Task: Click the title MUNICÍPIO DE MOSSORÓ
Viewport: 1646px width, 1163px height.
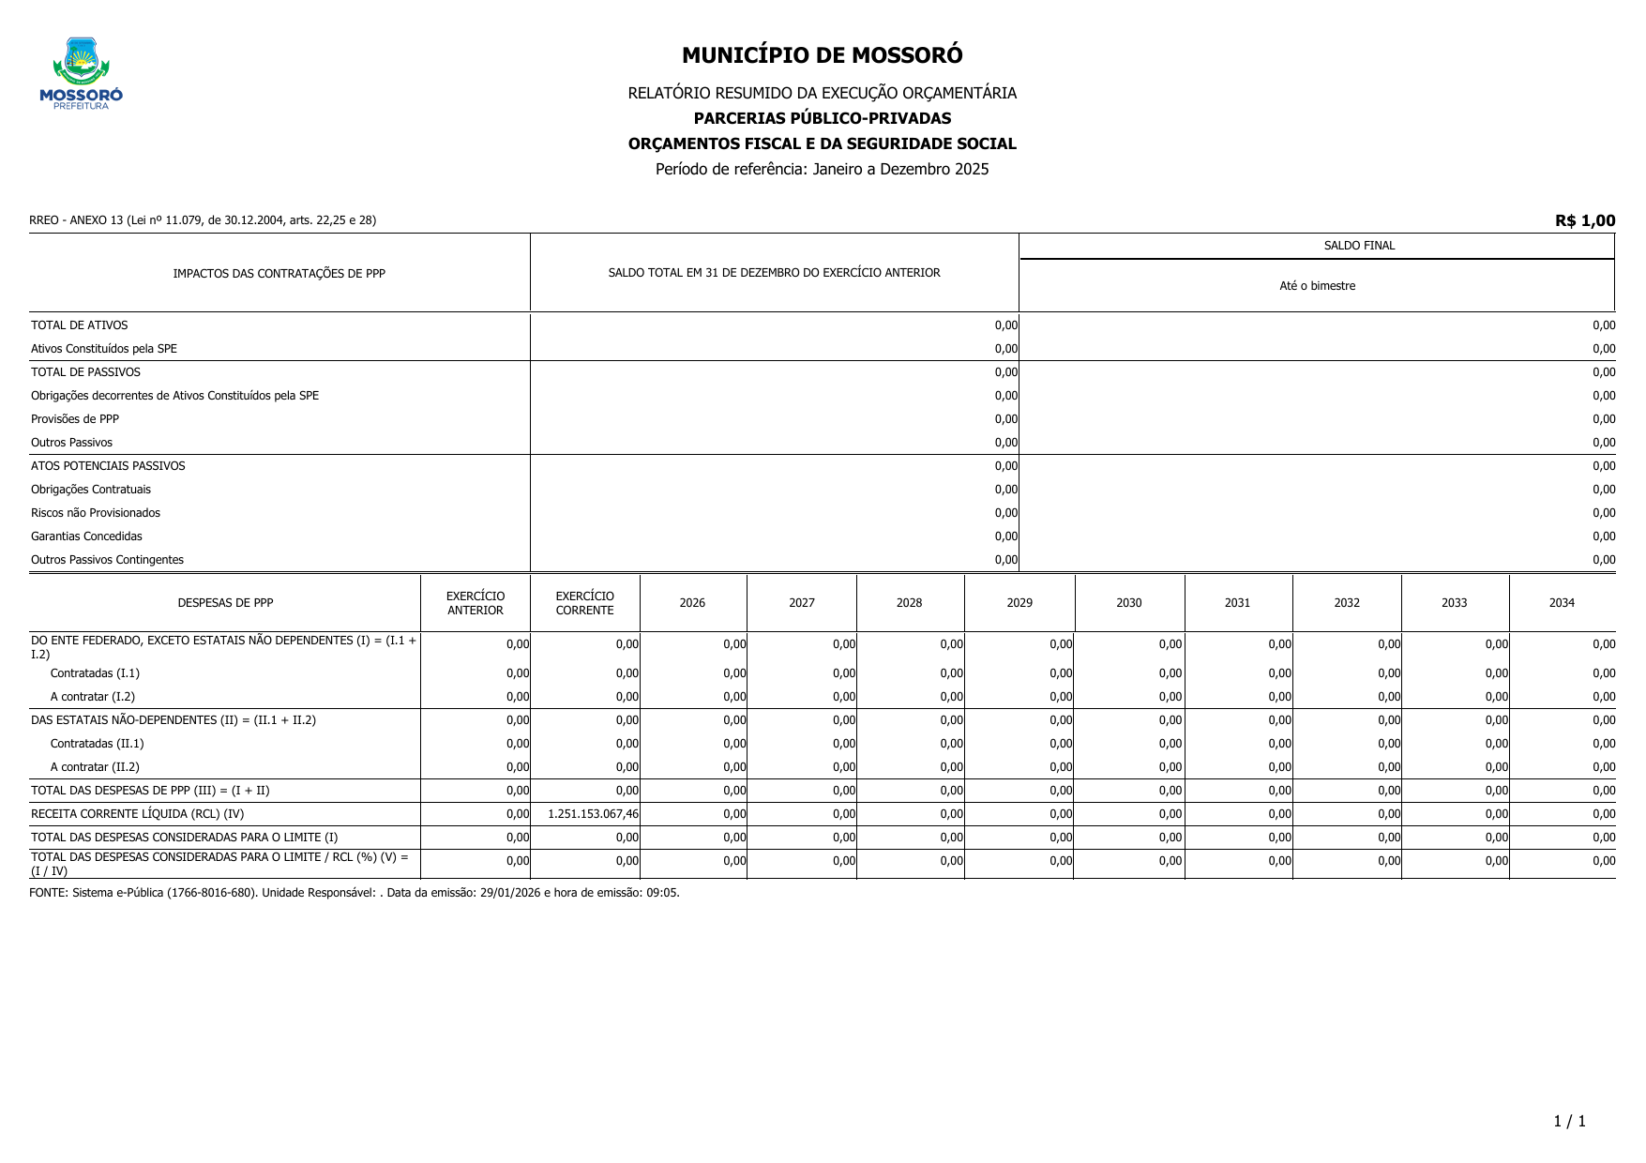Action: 822,55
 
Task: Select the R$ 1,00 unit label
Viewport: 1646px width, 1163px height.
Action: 1584,220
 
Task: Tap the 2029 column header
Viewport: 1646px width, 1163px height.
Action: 1019,603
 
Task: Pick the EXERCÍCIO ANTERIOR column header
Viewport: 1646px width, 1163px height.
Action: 475,603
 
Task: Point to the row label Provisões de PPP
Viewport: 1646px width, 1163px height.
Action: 75,419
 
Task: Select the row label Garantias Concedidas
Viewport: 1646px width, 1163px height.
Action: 86,536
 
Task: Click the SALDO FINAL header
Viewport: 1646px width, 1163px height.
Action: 1358,246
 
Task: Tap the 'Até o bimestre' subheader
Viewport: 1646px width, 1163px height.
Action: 1317,286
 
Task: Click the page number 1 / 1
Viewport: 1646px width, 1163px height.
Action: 1569,1122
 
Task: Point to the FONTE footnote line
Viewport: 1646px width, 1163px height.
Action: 354,893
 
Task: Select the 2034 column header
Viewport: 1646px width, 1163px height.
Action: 1561,603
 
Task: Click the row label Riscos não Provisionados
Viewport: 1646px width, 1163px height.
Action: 96,513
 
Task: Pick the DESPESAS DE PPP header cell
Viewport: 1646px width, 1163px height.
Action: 225,603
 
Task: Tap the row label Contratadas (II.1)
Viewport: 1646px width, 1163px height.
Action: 97,744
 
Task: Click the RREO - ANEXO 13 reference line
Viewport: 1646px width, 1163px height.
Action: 203,220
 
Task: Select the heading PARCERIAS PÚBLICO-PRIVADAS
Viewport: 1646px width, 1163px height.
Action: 822,118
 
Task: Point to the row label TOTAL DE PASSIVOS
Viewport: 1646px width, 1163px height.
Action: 85,372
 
